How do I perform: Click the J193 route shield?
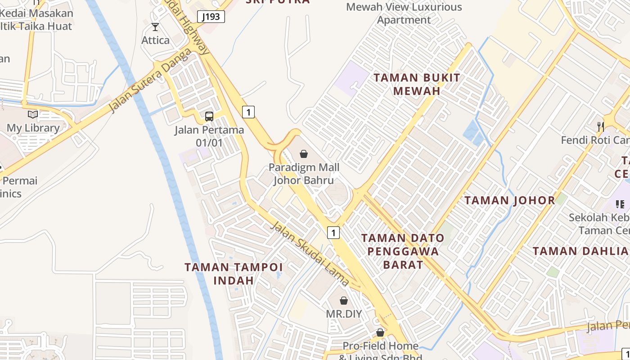211,17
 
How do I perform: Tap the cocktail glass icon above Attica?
155,27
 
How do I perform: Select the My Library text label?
33,128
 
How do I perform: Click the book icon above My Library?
33,114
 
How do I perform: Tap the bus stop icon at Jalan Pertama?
209,117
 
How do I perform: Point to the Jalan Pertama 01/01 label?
209,136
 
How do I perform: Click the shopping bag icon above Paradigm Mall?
304,154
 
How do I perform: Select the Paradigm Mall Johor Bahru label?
304,174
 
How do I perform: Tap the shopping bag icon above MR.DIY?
344,301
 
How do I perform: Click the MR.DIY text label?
344,314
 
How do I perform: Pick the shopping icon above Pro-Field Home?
380,333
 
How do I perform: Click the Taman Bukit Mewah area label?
417,84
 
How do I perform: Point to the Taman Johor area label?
510,200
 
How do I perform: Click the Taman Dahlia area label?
580,251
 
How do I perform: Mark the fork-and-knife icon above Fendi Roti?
601,126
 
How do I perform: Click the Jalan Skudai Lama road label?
309,253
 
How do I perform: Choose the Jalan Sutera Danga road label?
149,81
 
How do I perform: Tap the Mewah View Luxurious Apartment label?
404,13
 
